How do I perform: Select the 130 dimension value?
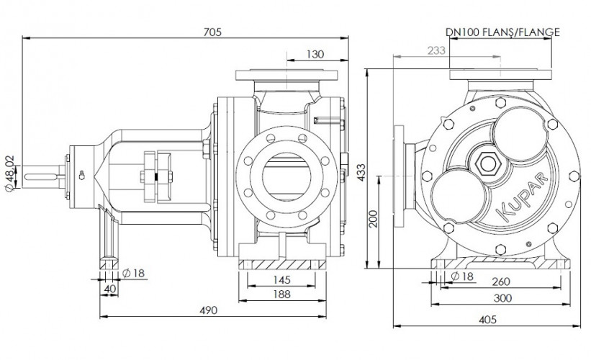[x=315, y=53]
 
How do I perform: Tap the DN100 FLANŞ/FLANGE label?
[x=502, y=32]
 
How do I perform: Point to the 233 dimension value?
[x=436, y=50]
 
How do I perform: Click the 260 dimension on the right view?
[x=502, y=282]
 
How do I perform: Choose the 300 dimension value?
[x=502, y=297]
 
